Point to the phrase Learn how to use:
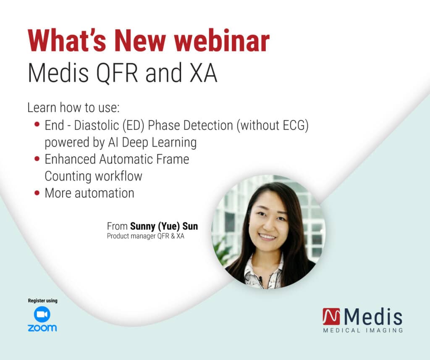(x=73, y=108)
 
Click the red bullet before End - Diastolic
(x=37, y=125)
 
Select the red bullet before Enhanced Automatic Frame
(x=37, y=159)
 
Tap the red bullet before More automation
(x=37, y=193)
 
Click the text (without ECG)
(x=273, y=125)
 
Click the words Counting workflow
(x=93, y=176)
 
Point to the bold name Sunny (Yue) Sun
(x=164, y=226)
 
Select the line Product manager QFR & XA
(x=145, y=236)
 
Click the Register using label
(x=42, y=301)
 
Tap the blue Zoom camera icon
(x=42, y=315)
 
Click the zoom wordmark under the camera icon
(x=42, y=328)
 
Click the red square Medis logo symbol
(x=331, y=317)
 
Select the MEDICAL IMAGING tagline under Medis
(x=363, y=330)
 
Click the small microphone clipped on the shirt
(x=260, y=279)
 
